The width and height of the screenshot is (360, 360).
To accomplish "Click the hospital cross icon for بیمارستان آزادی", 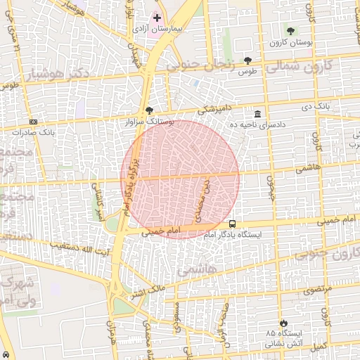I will click(157, 18).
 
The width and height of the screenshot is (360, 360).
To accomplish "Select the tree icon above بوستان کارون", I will click(291, 30).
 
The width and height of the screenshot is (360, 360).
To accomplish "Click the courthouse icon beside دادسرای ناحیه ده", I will click(258, 113).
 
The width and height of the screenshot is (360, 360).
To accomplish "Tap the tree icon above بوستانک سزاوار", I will click(148, 110).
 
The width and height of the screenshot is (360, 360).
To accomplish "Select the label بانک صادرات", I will click(34, 131).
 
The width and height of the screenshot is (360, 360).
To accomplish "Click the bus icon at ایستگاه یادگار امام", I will click(233, 224).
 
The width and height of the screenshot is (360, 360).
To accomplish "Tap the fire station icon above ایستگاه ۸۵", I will click(283, 319).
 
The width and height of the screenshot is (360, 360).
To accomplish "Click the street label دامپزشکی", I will click(215, 110).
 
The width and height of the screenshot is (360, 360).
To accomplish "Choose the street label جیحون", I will click(269, 186).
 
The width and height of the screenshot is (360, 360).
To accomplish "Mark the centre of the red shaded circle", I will click(179, 179).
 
